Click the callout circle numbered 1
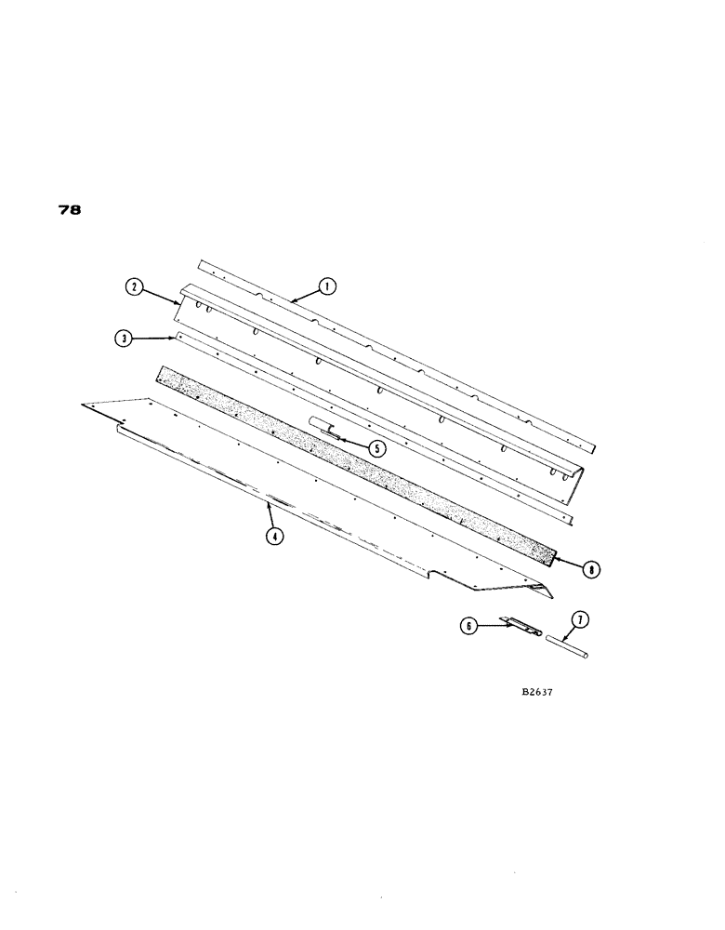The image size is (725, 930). [326, 287]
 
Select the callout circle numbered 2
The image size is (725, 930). [136, 288]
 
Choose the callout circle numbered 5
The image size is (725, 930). [376, 447]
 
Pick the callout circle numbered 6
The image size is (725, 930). [469, 627]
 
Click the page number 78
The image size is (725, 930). [69, 210]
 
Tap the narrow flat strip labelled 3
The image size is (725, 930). [372, 423]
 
